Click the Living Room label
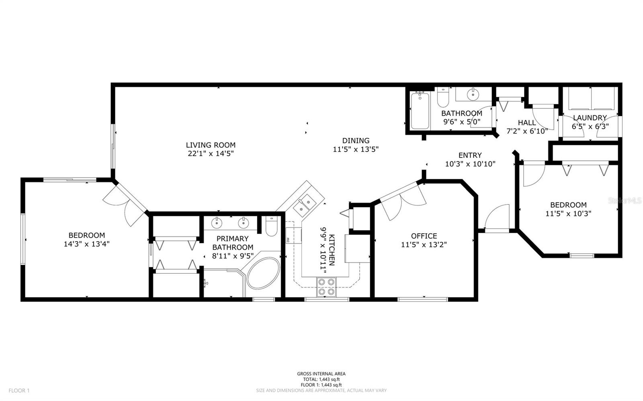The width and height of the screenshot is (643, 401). [x=211, y=145]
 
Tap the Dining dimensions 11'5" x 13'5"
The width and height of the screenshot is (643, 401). [x=356, y=149]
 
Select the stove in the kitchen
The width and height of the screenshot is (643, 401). [x=326, y=287]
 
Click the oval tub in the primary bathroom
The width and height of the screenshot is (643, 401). [x=263, y=273]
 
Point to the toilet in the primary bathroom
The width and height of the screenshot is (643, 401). [x=271, y=226]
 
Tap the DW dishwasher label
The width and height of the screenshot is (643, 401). [x=287, y=239]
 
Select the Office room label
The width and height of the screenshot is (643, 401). [x=424, y=236]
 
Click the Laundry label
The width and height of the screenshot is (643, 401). [x=590, y=118]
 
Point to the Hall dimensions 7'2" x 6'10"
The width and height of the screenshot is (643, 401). [x=527, y=131]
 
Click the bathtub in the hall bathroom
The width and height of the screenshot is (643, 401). [x=420, y=111]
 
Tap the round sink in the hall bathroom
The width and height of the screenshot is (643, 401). [x=473, y=94]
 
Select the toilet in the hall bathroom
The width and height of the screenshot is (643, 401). [x=443, y=97]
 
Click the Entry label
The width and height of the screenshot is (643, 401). [x=470, y=155]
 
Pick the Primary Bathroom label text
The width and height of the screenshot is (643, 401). [x=233, y=243]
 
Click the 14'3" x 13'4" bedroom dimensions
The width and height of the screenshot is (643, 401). [x=87, y=244]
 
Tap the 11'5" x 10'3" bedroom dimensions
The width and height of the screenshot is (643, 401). [x=568, y=214]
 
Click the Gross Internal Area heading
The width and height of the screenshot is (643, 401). [x=321, y=374]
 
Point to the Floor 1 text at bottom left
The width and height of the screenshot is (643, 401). [x=19, y=391]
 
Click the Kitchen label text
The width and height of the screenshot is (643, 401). [x=332, y=250]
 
